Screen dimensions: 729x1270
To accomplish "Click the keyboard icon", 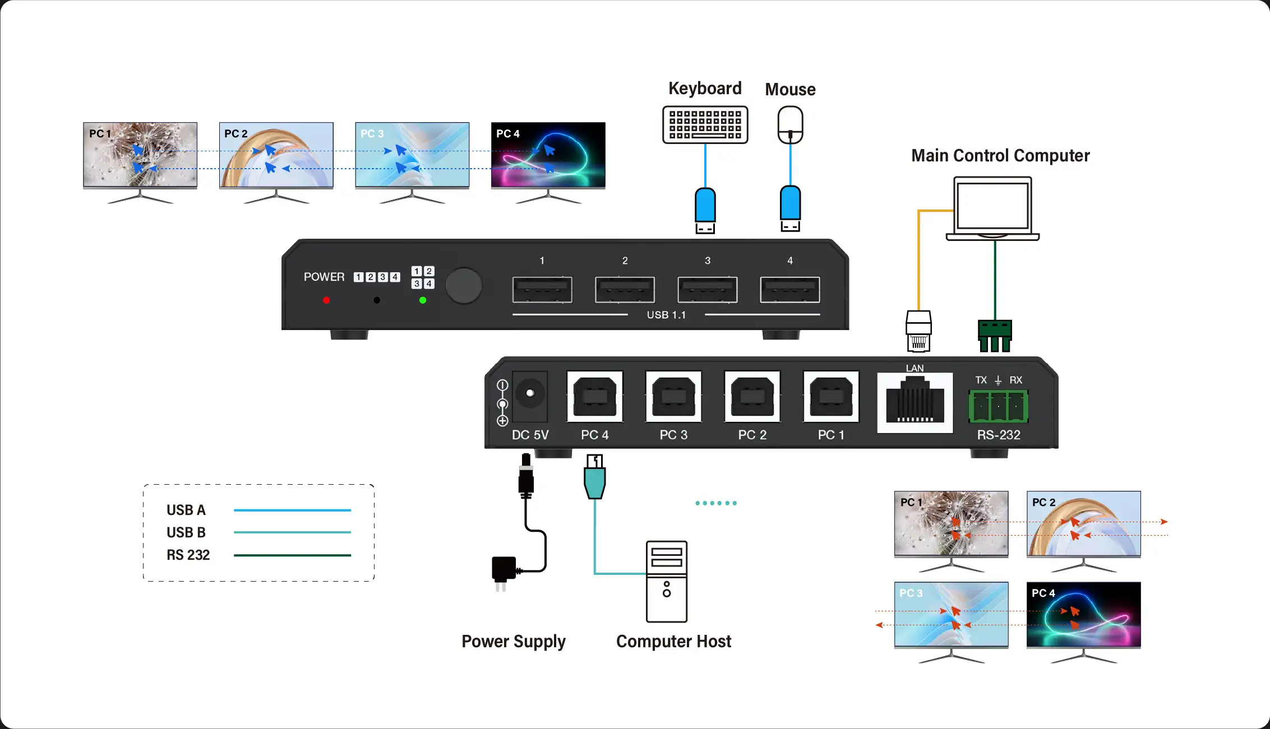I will [x=705, y=124].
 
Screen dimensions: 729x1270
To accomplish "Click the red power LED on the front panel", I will [x=326, y=300].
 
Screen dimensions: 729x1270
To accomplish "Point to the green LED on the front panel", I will [x=423, y=300].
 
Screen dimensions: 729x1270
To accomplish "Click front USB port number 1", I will [x=542, y=290].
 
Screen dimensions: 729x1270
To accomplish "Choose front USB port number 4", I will [x=789, y=290].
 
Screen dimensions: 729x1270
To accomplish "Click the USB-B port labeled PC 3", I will [x=673, y=397].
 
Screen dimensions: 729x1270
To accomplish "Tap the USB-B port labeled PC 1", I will [x=831, y=397].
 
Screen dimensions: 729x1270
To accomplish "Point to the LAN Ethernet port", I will [x=915, y=401].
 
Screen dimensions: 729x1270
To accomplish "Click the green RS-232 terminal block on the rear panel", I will [x=998, y=406].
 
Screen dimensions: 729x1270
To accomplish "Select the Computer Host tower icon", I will [x=666, y=582].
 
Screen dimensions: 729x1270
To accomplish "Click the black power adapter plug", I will [x=504, y=570].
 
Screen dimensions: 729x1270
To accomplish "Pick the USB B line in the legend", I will [x=292, y=532].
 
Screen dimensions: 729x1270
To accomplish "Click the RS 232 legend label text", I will [x=188, y=555].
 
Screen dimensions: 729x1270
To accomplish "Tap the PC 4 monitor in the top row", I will [x=548, y=155].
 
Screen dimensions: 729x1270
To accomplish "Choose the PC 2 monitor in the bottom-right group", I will [x=1083, y=524].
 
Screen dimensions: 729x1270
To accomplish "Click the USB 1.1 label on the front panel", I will [x=666, y=315].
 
